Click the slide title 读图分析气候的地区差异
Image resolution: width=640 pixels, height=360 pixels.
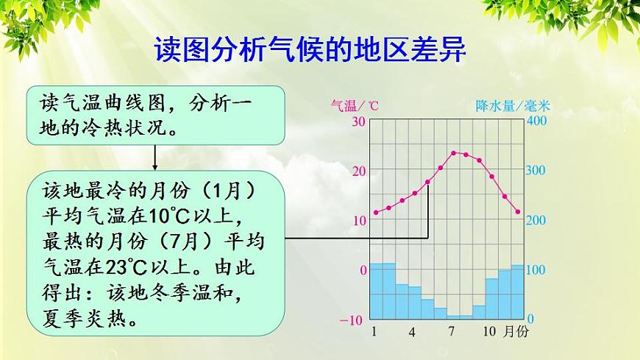310,49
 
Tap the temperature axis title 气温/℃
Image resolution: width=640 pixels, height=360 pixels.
355,106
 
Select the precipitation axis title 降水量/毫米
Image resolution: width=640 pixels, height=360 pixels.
513,106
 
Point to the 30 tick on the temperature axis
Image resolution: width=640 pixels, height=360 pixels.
359,121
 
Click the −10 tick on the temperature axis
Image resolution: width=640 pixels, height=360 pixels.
352,320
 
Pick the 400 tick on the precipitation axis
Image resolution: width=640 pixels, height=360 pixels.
536,121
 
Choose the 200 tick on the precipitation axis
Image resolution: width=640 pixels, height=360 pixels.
536,220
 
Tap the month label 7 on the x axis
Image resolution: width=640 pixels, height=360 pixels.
451,331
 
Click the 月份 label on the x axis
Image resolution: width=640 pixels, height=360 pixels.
516,331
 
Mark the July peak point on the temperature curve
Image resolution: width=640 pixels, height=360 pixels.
453,153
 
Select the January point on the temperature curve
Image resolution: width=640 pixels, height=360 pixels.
376,213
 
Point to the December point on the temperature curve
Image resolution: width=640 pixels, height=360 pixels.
518,212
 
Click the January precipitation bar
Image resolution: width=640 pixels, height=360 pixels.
377,291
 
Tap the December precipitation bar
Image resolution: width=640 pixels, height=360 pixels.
518,292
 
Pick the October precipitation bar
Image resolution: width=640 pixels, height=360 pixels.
492,299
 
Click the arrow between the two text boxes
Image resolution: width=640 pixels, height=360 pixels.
154,158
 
